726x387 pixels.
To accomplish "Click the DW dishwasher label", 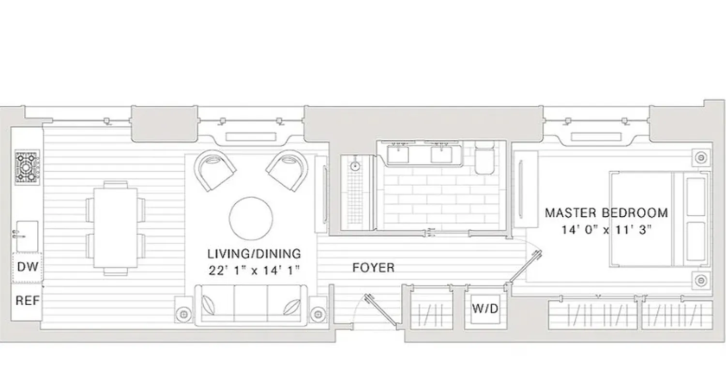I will [27, 267].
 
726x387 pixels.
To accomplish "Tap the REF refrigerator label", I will [27, 300].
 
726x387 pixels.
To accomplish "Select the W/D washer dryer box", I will [485, 309].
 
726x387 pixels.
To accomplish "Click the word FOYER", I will [373, 268].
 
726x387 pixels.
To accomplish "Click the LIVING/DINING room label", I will [254, 253].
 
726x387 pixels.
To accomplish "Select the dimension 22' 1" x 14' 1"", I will [254, 270].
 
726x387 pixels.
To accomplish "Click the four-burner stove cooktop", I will [27, 167].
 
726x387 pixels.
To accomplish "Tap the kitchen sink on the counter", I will [27, 236].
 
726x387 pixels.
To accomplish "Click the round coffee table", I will [251, 218].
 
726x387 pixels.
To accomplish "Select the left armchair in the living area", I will [214, 170].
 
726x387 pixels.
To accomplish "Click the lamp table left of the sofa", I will [183, 314].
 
